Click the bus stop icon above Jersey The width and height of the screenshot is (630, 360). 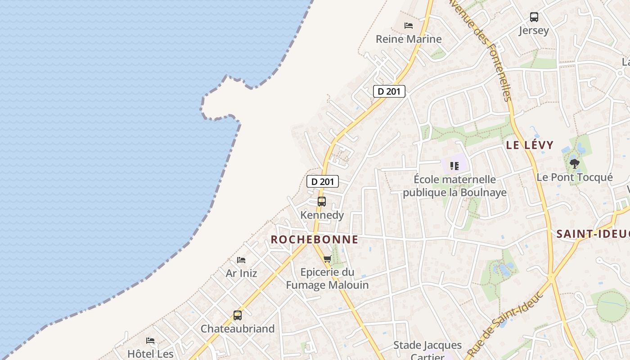(x=534, y=17)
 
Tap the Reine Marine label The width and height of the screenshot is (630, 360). (x=409, y=39)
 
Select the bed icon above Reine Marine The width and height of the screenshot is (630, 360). (x=409, y=26)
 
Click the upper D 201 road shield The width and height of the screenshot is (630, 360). (x=389, y=91)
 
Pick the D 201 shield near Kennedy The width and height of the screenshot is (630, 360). (x=323, y=181)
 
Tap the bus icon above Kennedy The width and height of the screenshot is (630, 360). (x=321, y=201)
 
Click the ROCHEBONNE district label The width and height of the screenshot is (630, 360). (x=314, y=239)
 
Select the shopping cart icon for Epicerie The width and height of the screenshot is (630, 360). (x=328, y=259)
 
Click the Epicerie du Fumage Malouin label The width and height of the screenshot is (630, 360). (x=327, y=279)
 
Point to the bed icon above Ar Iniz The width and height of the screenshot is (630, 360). (x=241, y=260)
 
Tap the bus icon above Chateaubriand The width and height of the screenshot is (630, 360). (x=237, y=315)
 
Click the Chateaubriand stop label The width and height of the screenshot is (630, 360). (x=237, y=328)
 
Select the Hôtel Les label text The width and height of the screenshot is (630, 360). (x=150, y=354)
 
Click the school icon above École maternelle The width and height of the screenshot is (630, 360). (x=454, y=166)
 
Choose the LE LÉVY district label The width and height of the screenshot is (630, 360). (x=530, y=145)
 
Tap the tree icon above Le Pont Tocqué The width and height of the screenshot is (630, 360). (x=574, y=163)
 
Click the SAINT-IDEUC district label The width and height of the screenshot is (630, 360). (x=592, y=234)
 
